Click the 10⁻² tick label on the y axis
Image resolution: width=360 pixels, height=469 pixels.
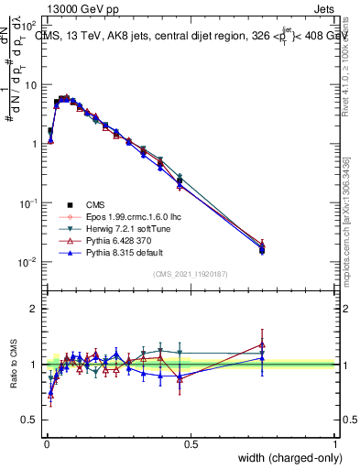tap(29, 262)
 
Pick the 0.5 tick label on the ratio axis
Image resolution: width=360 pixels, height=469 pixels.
tap(31, 422)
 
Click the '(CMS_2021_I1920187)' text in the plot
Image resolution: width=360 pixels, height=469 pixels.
tap(191, 274)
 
